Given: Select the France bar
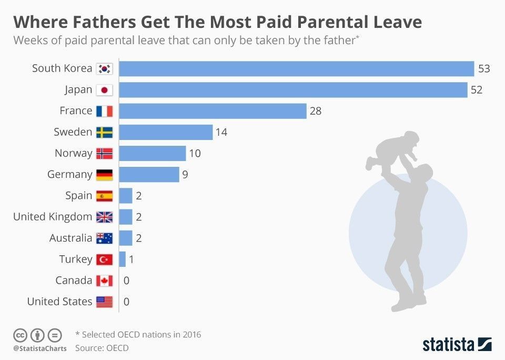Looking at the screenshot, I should [213, 111].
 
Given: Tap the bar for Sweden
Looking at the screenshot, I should [166, 132].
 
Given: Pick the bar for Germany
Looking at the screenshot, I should [149, 174].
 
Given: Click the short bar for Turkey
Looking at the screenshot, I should [123, 259].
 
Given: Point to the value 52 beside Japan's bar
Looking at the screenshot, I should [477, 90].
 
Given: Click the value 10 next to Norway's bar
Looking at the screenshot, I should [195, 153].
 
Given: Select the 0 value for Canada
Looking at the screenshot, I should [126, 281].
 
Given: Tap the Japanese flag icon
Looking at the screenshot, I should [104, 90].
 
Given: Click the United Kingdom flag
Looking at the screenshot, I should [104, 217].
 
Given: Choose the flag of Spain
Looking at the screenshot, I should [104, 196].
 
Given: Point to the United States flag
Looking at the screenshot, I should [104, 302].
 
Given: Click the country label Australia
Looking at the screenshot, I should [70, 238].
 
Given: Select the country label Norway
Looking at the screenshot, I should [73, 153].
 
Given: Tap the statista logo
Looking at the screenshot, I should [457, 344].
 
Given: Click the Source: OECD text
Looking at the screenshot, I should [102, 348].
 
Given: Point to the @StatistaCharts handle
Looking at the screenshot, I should [40, 348].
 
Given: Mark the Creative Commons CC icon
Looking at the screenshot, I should [20, 335].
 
